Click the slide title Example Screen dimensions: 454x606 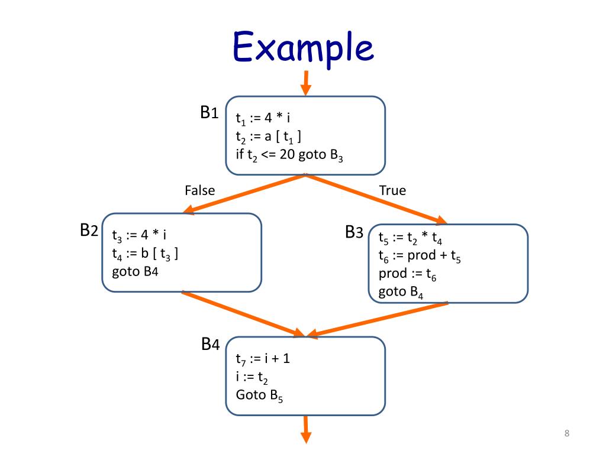click(303, 48)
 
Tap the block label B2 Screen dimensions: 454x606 click(89, 231)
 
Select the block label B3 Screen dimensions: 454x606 click(354, 232)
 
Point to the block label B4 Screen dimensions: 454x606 click(211, 345)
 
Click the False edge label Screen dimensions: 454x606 click(199, 190)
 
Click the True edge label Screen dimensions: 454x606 click(392, 190)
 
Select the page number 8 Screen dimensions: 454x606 click(566, 434)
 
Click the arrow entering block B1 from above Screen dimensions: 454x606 click(305, 83)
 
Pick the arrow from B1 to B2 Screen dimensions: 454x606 click(245, 193)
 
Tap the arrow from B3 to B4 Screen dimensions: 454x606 click(377, 320)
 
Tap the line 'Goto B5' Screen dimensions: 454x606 click(259, 395)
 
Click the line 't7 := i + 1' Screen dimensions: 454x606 click(262, 359)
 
